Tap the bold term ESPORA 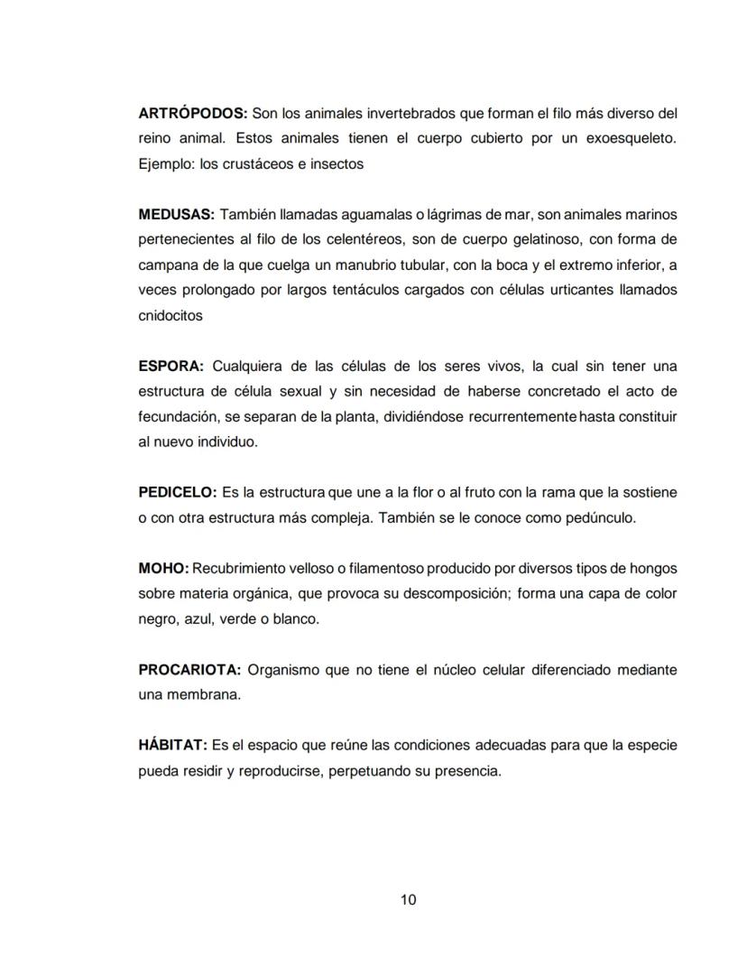pos(171,367)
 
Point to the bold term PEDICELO pos(178,493)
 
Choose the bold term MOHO pos(163,569)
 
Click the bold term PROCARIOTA pos(189,670)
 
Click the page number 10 pos(408,899)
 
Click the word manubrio pos(375,265)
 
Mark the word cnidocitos pos(171,316)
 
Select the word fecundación pos(179,417)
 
